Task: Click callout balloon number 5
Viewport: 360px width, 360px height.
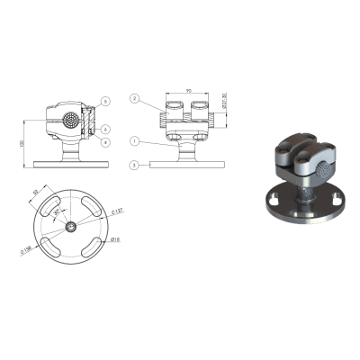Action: pyautogui.click(x=105, y=101)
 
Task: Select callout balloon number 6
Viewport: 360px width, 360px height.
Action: pyautogui.click(x=105, y=129)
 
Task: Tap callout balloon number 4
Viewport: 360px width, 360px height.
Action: pyautogui.click(x=105, y=142)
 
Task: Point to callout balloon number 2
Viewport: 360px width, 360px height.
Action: pyautogui.click(x=133, y=98)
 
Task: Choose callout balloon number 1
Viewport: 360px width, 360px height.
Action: pyautogui.click(x=133, y=141)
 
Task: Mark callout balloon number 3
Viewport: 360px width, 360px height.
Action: pyautogui.click(x=133, y=166)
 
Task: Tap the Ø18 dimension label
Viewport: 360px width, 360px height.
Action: pyautogui.click(x=115, y=240)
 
